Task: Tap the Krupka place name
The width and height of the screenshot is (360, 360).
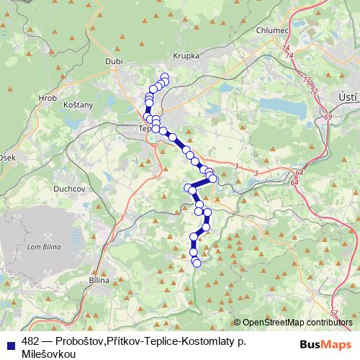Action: pyautogui.click(x=186, y=55)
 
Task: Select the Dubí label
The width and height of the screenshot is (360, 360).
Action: pyautogui.click(x=114, y=62)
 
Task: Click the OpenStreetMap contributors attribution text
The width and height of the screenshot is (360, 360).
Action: pyautogui.click(x=297, y=323)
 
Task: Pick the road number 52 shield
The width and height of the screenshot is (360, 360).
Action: pyautogui.click(x=333, y=312)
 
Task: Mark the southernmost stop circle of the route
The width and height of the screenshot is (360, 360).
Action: pyautogui.click(x=197, y=263)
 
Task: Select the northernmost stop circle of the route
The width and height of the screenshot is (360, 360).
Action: pyautogui.click(x=165, y=77)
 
